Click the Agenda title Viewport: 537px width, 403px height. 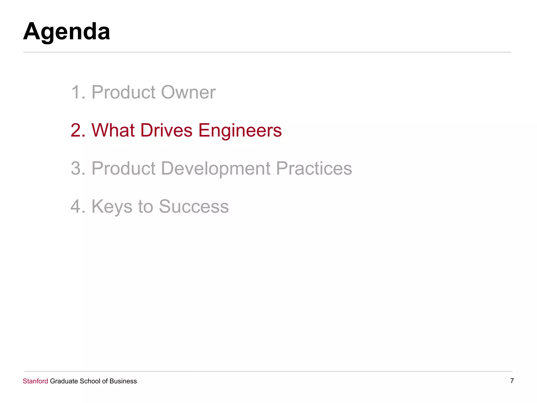point(67,32)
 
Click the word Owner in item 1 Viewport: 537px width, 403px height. point(188,92)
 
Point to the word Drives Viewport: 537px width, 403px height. point(166,130)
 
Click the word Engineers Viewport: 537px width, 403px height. point(240,131)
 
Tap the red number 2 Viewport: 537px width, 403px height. point(77,130)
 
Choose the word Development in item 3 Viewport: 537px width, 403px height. point(216,168)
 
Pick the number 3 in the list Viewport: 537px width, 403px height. point(77,168)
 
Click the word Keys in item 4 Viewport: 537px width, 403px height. point(112,207)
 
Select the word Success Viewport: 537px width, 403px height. point(194,206)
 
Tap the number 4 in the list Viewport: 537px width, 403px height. point(77,206)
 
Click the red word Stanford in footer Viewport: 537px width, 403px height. point(35,381)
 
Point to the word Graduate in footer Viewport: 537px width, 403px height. point(64,381)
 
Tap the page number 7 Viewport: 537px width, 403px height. point(512,381)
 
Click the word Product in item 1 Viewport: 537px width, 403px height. point(123,92)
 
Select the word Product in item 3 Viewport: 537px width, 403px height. point(123,168)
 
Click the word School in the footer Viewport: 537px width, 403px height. point(90,381)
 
